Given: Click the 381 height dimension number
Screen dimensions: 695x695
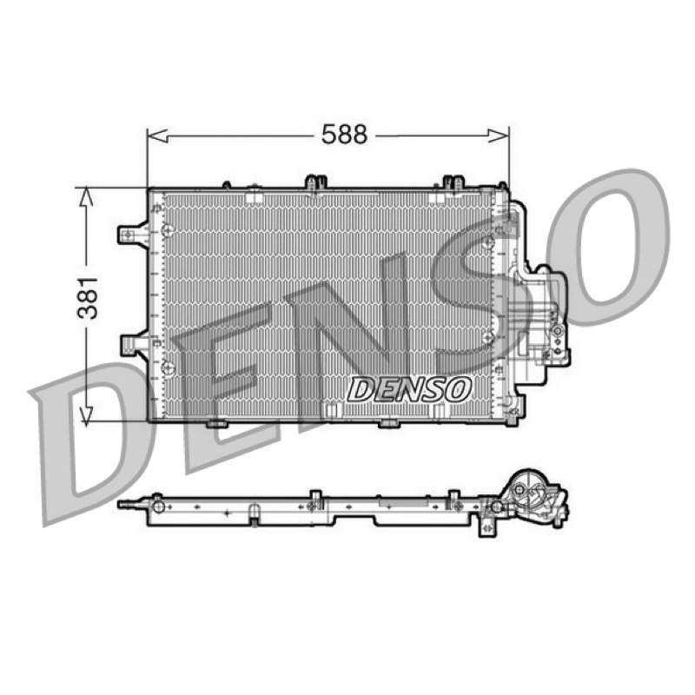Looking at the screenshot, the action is coord(88,298).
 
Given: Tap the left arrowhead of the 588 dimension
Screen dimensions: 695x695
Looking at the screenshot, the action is coord(157,136).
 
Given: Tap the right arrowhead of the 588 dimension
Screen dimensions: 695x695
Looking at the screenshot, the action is coord(498,136).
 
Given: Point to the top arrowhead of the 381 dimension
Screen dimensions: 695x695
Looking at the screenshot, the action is coord(85,198).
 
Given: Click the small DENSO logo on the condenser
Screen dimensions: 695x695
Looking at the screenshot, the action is coord(408,390).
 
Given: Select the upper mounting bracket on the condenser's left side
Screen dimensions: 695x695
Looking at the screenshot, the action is coord(133,234).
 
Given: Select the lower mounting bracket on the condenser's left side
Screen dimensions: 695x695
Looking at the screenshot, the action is coord(135,344).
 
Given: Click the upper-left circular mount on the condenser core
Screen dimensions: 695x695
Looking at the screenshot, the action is coord(168,230).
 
